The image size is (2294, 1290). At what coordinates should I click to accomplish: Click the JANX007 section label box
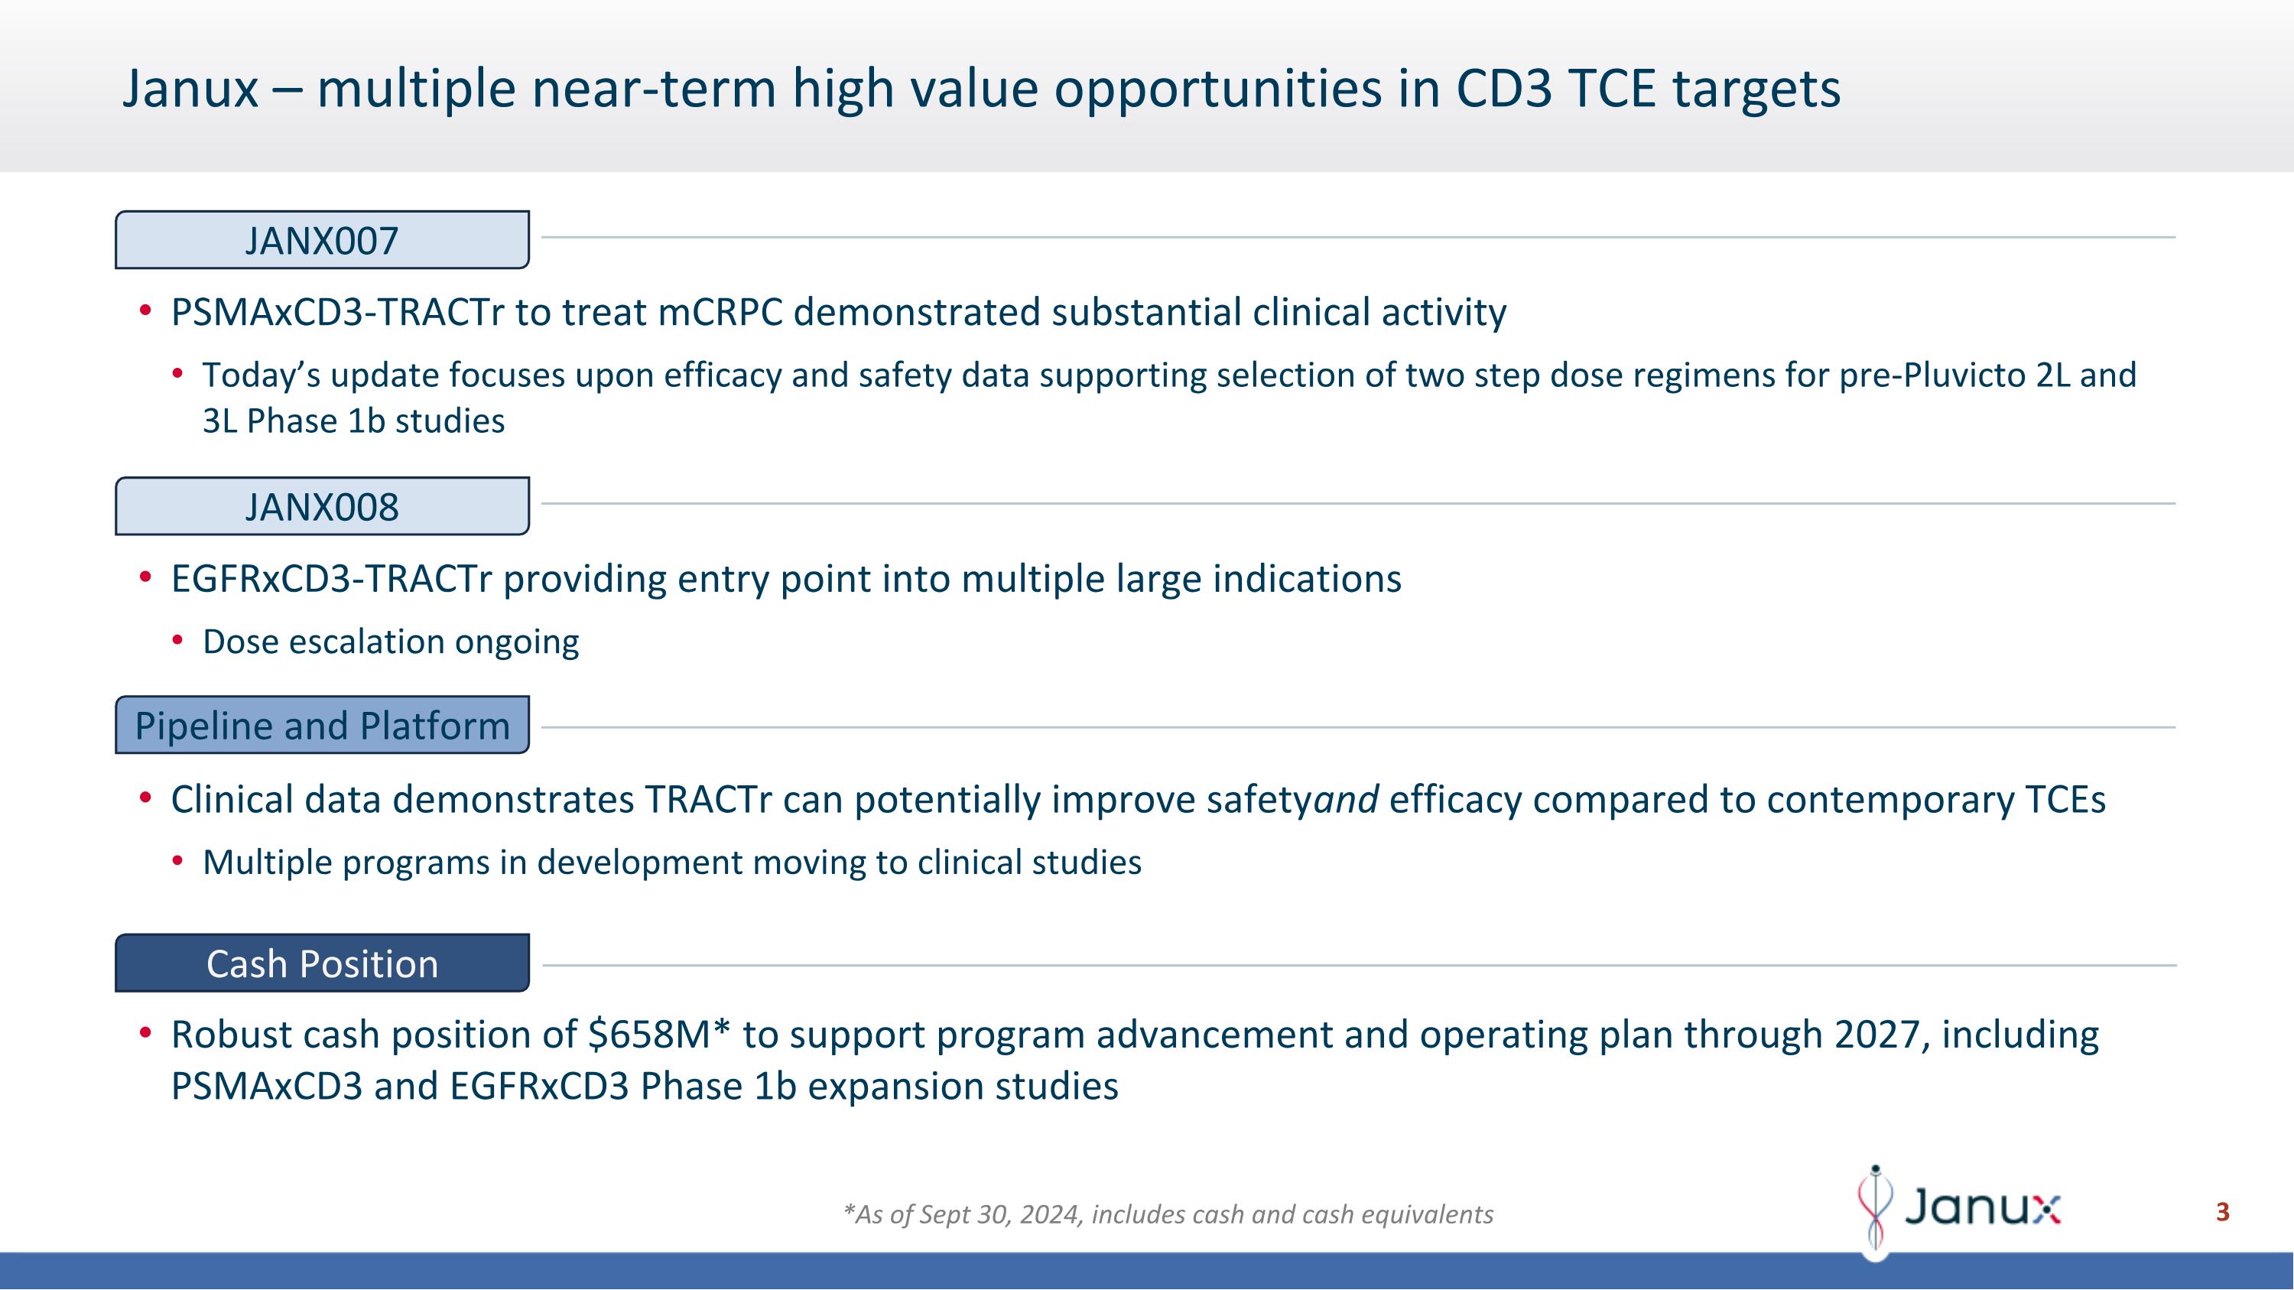coord(321,240)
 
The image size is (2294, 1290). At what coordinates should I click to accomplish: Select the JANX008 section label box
coord(321,506)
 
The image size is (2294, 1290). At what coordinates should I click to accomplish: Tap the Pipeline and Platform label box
coord(321,726)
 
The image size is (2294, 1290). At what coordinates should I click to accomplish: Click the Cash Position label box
coord(321,963)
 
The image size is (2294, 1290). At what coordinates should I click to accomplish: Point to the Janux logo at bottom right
coord(1959,1209)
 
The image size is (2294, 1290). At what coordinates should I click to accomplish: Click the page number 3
coord(2222,1212)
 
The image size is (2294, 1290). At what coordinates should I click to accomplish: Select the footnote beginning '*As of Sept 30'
coord(1168,1214)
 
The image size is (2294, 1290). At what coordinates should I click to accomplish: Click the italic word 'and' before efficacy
coord(1347,799)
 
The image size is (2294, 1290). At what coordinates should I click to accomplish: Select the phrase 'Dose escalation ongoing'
coord(391,642)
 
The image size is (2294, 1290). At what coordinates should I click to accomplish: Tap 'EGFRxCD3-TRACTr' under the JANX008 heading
coord(331,580)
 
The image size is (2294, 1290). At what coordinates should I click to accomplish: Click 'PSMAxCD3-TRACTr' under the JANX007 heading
coord(336,313)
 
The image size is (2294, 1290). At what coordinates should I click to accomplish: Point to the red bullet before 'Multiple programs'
coord(178,861)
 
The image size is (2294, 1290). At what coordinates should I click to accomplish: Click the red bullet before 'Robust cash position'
coord(145,1033)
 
